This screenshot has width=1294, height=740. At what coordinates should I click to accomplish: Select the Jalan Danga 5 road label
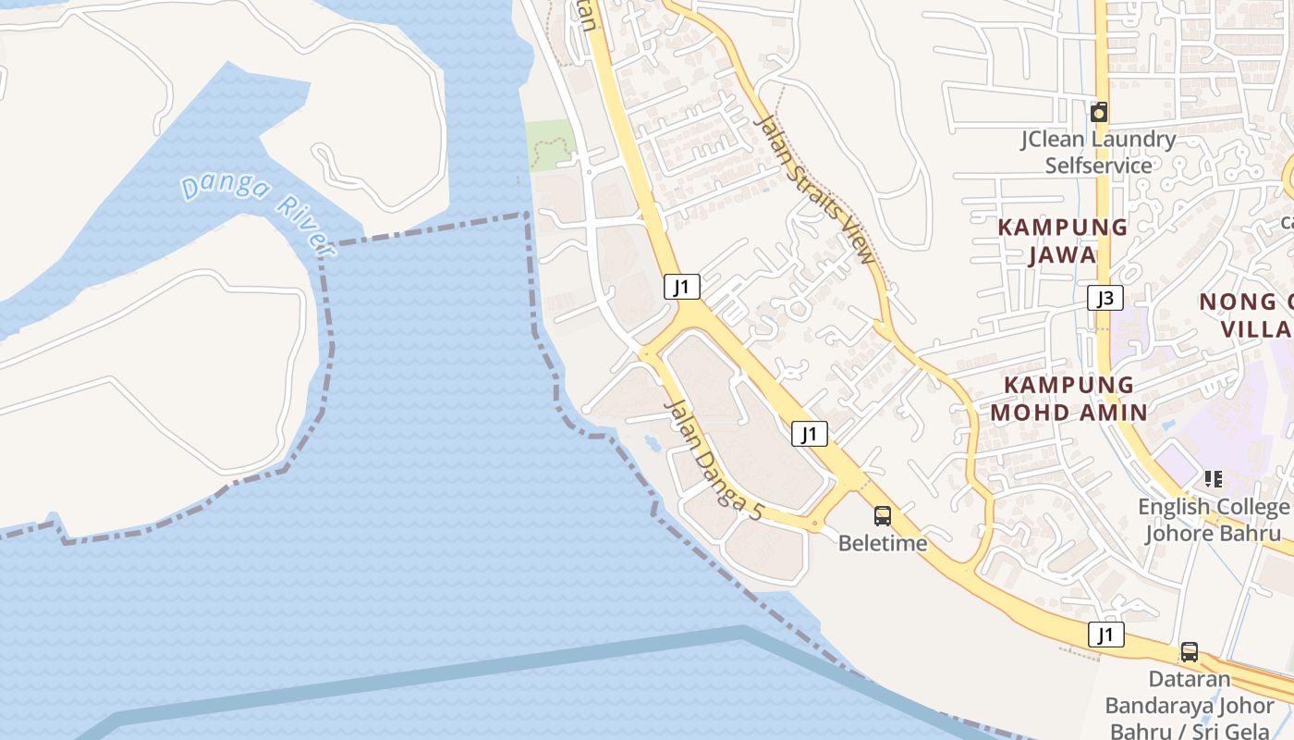(714, 459)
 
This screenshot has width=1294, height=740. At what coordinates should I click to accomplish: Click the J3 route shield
(1105, 298)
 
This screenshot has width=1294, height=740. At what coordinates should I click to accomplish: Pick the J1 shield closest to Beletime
(809, 433)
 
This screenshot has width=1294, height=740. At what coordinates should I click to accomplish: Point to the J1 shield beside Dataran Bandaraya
(1105, 635)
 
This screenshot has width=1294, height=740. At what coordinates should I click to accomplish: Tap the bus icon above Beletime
(883, 516)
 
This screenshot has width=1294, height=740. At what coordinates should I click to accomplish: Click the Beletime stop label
(883, 543)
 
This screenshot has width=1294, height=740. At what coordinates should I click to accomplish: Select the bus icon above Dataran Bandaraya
(1190, 652)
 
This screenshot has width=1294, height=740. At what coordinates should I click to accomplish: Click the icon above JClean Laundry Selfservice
(1098, 113)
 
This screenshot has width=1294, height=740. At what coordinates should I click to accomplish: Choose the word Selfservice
(1098, 166)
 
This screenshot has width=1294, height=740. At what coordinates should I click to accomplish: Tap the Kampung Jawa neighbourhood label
(1062, 240)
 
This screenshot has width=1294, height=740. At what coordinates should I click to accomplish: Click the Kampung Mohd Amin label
(1068, 399)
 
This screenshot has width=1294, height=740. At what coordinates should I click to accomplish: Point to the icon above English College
(1214, 479)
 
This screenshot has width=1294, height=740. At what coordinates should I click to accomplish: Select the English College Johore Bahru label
(1213, 520)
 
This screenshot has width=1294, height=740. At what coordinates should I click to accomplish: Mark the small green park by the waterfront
(551, 146)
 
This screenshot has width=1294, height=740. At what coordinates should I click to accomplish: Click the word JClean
(1052, 140)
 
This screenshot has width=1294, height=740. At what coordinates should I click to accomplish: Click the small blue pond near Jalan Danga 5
(653, 444)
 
